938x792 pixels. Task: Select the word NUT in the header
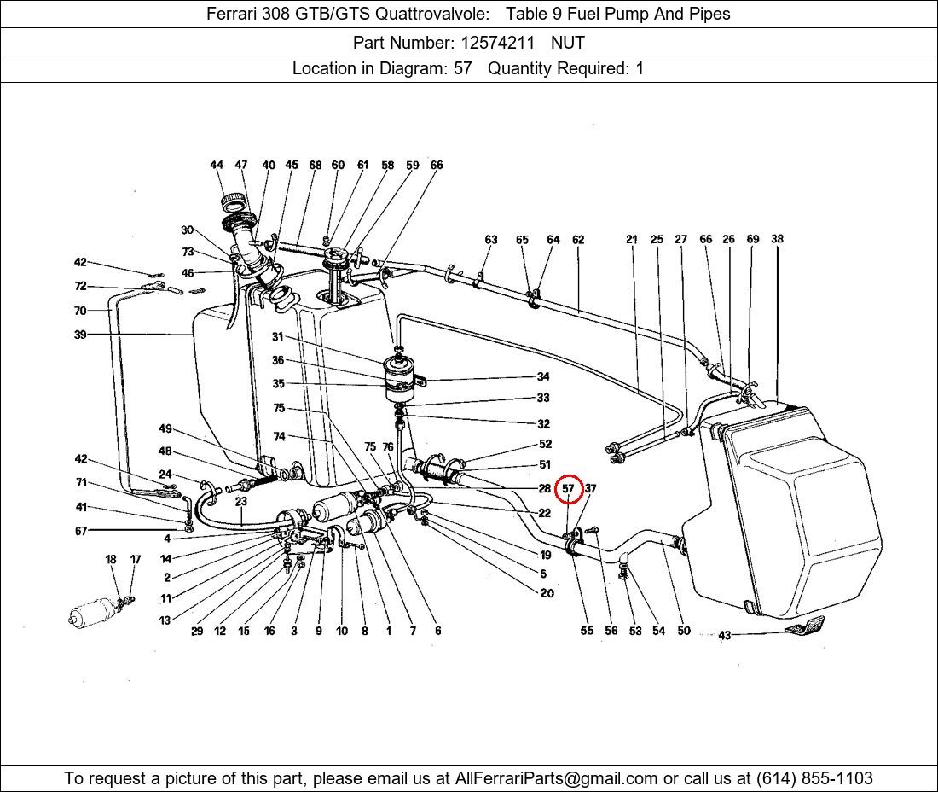point(568,42)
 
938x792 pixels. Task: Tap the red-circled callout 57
point(569,489)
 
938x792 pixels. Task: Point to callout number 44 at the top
point(217,166)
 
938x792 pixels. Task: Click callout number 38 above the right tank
point(777,240)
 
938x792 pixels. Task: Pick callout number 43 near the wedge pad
point(725,635)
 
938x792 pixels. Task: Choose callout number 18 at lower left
point(111,560)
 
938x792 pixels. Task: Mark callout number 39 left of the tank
point(80,335)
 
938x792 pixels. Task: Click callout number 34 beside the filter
point(543,376)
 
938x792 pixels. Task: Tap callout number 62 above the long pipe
point(578,240)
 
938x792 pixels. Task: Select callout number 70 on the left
point(80,311)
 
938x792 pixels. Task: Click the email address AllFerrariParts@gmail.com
point(557,778)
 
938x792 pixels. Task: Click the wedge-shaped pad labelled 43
point(803,626)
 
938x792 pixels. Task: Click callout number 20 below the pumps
point(547,593)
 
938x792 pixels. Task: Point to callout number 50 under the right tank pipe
point(684,632)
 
